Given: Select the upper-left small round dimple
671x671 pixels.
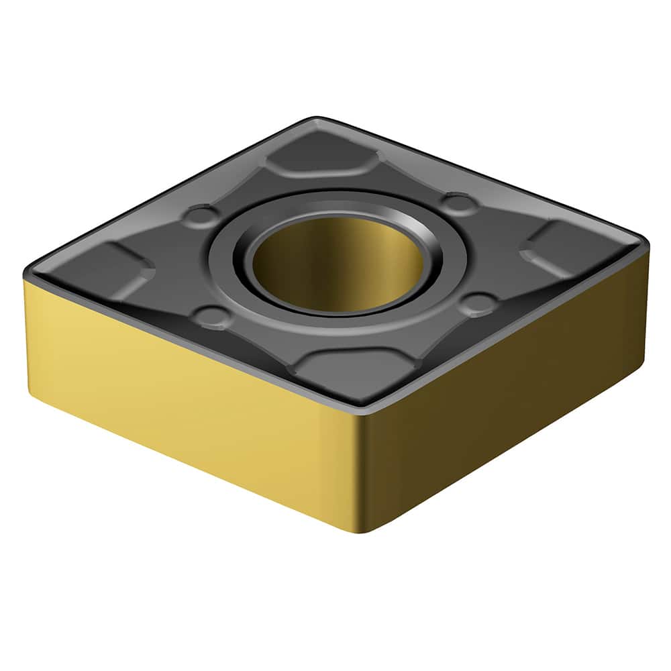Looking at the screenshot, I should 201,215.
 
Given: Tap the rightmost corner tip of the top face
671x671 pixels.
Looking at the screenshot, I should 646,242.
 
